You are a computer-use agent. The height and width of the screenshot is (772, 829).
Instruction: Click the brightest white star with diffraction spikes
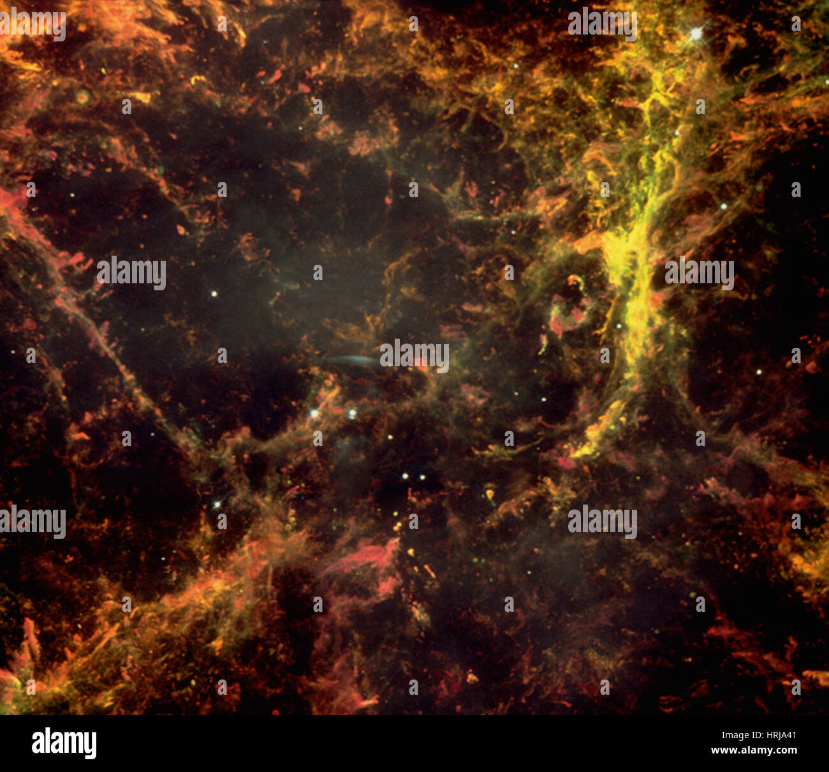click(x=695, y=33)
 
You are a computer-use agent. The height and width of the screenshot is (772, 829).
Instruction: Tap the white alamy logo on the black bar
click(x=64, y=743)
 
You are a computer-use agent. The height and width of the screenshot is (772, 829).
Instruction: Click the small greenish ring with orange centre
click(x=82, y=97)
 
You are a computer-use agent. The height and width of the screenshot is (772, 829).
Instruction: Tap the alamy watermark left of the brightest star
click(x=602, y=24)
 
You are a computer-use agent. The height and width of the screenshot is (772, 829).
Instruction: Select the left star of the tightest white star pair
click(x=404, y=476)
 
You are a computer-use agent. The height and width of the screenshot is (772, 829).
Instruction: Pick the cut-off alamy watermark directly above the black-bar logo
click(x=33, y=522)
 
